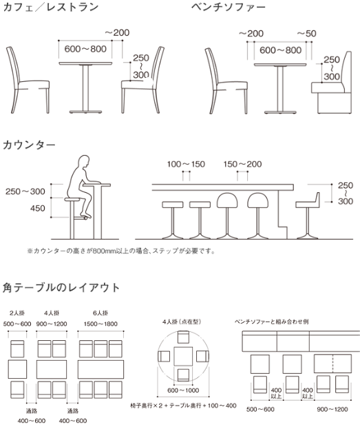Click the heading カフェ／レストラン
(51, 8)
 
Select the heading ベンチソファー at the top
(229, 7)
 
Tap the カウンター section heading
(30, 145)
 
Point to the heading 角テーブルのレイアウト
(61, 288)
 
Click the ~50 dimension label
(307, 34)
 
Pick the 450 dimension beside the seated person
(37, 209)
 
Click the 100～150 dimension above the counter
(186, 164)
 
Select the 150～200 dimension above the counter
(242, 164)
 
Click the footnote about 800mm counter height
(121, 251)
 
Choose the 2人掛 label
(17, 313)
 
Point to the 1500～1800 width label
(100, 324)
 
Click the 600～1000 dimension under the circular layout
(183, 390)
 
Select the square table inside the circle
(183, 356)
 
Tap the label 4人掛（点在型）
(182, 322)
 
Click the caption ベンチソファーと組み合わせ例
(272, 322)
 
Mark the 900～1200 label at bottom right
(332, 409)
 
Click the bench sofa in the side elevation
(332, 83)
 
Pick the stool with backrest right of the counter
(308, 216)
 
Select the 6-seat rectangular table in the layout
(100, 369)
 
